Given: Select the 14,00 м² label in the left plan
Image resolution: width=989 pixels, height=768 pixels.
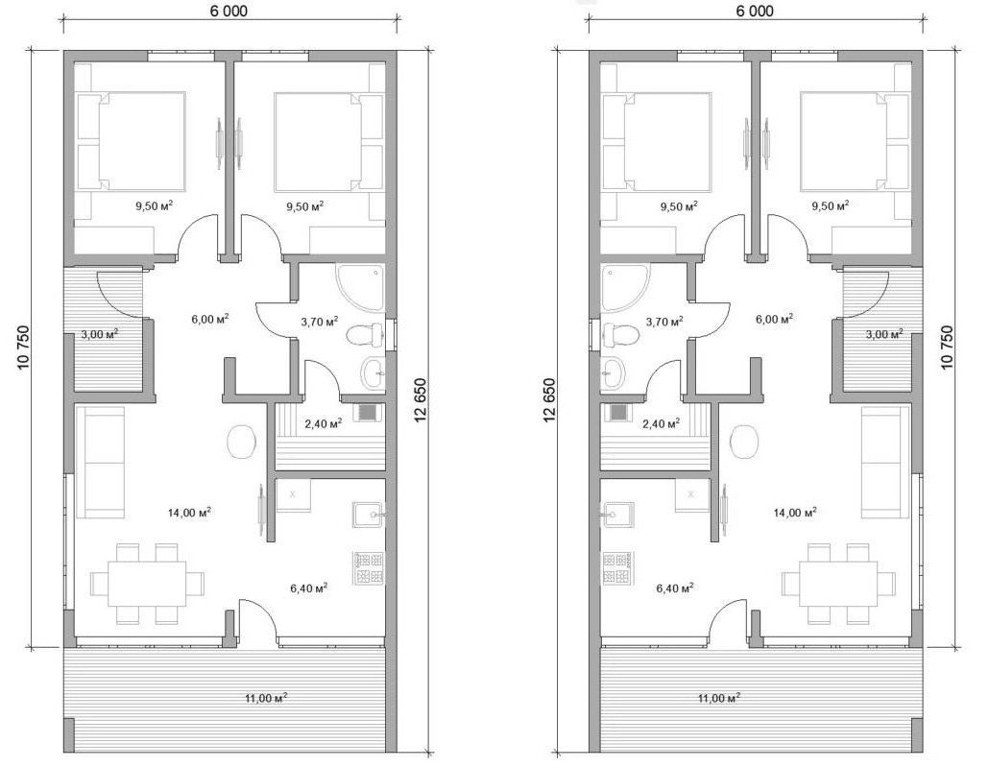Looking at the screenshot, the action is (189, 512).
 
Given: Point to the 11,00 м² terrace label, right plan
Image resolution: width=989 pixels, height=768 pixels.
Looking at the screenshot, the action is (719, 698).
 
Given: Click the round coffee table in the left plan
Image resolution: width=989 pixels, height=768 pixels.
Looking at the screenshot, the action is (242, 442).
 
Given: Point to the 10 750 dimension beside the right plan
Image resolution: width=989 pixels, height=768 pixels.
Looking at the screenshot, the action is (948, 347).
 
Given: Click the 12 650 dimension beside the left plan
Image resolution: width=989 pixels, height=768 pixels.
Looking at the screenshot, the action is (422, 398).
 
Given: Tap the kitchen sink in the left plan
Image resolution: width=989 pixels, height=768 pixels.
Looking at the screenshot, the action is (369, 516).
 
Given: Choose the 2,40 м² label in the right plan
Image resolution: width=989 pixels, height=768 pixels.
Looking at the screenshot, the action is (661, 423).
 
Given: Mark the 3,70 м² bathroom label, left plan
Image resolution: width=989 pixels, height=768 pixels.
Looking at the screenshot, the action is (319, 322).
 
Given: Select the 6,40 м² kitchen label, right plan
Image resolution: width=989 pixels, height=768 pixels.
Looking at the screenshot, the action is (675, 588).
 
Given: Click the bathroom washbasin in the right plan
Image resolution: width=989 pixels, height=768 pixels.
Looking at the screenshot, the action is (613, 373).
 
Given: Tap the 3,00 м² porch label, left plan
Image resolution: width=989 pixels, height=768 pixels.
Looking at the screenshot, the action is (100, 333).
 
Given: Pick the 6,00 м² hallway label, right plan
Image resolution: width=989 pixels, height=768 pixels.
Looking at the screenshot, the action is (775, 319).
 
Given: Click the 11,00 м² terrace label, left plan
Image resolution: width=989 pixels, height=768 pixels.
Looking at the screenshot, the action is (268, 698).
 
